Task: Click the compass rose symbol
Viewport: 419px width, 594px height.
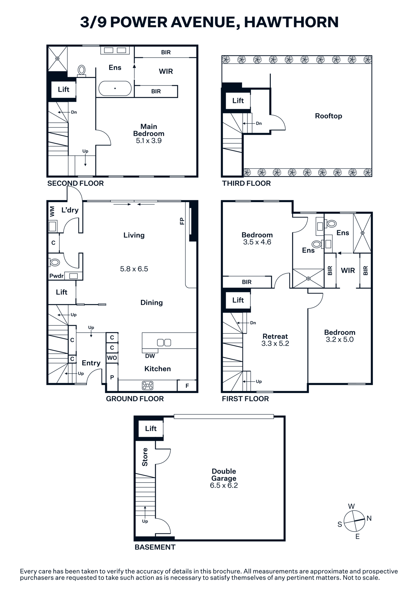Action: tap(355, 521)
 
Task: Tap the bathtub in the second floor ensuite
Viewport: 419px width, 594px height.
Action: tap(115, 88)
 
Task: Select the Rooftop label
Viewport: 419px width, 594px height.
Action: tap(329, 116)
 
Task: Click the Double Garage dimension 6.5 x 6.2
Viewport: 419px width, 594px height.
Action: tap(224, 485)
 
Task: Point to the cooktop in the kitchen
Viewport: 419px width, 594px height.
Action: tap(148, 385)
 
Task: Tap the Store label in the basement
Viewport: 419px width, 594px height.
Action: tap(145, 457)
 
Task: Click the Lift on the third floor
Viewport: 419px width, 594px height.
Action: tap(238, 101)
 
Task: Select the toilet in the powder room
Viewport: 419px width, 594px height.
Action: tap(55, 262)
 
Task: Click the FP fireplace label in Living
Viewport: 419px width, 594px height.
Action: tap(182, 221)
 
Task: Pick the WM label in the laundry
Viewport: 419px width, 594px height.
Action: tap(52, 211)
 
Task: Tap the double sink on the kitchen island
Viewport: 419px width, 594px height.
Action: tap(164, 342)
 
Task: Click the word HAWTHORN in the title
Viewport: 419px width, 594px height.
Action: tap(291, 22)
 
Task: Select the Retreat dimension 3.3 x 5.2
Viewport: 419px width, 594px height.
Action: tap(275, 343)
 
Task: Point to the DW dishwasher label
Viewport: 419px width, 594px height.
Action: tap(150, 356)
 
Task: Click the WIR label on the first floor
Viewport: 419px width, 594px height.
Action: tap(348, 271)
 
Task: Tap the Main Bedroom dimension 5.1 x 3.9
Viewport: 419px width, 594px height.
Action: tap(149, 141)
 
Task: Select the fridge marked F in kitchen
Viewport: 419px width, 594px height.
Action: tap(187, 386)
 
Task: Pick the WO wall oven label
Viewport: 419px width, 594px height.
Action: tap(112, 358)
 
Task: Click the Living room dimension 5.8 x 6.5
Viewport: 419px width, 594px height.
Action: tap(134, 269)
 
